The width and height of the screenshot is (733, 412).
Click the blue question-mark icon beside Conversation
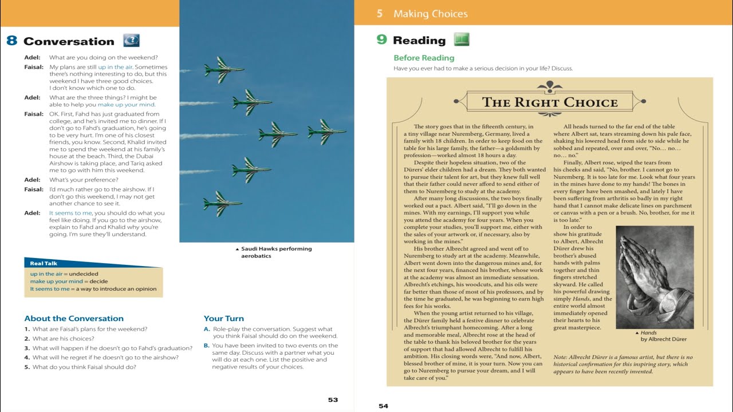pos(131,41)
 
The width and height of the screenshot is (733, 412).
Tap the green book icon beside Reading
pos(462,39)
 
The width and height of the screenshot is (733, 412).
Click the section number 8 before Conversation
pos(11,41)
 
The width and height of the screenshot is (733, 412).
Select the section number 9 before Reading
pos(381,40)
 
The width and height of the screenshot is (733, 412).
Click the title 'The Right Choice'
pos(550,102)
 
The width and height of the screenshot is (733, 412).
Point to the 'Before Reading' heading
pos(424,58)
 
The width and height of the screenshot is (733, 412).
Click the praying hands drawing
pos(654,277)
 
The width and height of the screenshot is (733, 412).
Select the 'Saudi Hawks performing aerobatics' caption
pos(275,252)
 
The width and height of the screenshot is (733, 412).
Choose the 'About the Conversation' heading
pos(74,318)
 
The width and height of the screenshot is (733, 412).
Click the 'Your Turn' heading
pos(224,318)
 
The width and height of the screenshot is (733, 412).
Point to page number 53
pos(333,399)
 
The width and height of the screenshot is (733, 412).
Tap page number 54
pos(383,406)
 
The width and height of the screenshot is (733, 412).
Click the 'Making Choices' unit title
pos(430,14)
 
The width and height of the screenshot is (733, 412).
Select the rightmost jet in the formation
pos(326,132)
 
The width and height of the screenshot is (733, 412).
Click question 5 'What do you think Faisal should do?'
pos(80,367)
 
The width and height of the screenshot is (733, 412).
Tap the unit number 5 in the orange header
pos(380,14)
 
